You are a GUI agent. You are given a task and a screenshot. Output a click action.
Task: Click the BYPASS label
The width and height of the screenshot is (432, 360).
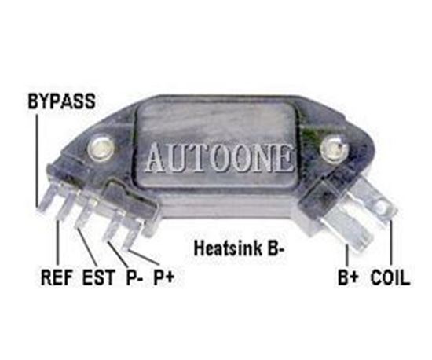(62, 101)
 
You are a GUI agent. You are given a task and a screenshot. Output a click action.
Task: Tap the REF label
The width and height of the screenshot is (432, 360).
(57, 277)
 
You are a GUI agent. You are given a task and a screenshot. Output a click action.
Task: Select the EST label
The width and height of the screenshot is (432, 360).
(98, 277)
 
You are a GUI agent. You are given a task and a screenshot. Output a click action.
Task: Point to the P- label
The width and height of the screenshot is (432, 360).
(134, 277)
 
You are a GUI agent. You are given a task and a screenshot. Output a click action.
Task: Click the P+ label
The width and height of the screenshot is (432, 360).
(163, 277)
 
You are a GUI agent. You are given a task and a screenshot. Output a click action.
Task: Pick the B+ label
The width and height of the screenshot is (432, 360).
(348, 277)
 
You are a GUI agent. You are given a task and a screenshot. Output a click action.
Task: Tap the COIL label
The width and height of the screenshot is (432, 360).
(390, 277)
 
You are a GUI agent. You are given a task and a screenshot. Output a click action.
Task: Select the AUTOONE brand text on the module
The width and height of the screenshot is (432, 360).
(219, 158)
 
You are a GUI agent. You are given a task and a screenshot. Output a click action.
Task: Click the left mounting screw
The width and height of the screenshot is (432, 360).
(101, 149)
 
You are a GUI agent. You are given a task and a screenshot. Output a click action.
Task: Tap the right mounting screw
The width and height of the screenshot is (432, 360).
(333, 149)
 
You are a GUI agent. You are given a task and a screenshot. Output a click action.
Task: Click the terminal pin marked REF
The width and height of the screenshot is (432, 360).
(65, 204)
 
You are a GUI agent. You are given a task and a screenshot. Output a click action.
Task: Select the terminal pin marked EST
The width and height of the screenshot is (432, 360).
(86, 213)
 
